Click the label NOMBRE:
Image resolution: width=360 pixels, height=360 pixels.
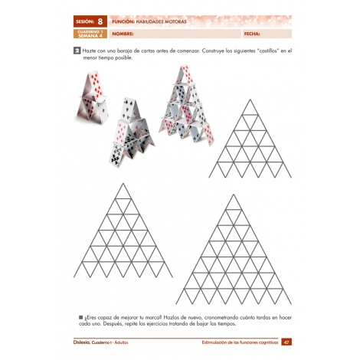[123, 34]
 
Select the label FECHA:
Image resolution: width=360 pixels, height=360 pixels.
[252, 34]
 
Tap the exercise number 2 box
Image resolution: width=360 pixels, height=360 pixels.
[77, 51]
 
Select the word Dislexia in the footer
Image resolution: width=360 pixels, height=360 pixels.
[84, 342]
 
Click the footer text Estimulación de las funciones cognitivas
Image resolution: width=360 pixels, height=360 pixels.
[237, 342]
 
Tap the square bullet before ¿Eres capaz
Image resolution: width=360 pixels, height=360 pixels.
[80, 316]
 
